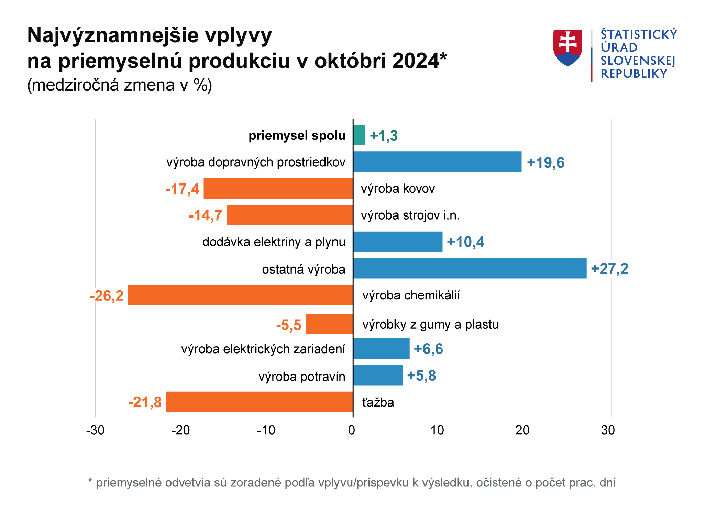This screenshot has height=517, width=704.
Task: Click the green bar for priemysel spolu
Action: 359,135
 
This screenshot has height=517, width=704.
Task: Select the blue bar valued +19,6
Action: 437,162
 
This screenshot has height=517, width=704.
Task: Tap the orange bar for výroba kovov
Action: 278,188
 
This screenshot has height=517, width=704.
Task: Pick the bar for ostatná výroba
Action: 470,268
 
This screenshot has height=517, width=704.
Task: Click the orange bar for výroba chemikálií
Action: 241,295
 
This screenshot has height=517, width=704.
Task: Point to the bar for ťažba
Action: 260,402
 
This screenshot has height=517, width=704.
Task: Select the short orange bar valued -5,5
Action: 329,324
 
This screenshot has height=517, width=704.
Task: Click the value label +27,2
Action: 609,269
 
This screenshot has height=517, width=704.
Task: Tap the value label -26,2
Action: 107,296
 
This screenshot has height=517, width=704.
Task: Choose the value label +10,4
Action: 465,242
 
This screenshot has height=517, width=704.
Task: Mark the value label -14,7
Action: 206,215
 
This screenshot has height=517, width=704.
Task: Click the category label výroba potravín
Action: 302,377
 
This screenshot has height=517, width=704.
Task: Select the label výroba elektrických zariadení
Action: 263,349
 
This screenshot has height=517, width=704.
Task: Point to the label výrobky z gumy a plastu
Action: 430,325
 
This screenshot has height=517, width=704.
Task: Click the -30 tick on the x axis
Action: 95,430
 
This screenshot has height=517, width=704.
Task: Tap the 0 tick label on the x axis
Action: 352,430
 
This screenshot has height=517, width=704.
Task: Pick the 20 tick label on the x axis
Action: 522,430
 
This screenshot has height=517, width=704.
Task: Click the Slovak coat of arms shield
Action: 568,48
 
